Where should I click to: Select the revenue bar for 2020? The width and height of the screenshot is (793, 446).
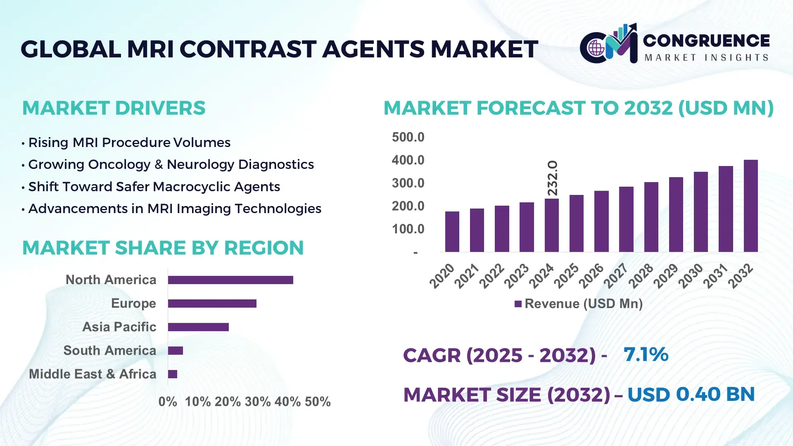click(x=452, y=232)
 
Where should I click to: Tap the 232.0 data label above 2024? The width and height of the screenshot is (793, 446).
click(x=553, y=178)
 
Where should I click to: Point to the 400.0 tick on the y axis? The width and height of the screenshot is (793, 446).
click(x=408, y=160)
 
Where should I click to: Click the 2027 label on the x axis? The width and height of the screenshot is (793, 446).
click(x=615, y=275)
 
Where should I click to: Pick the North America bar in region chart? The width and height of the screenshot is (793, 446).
click(x=230, y=280)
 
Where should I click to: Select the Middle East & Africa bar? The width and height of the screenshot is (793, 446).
click(x=173, y=374)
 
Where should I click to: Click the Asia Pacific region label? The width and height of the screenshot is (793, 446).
click(x=119, y=327)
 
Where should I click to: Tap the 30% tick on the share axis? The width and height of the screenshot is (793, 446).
click(x=257, y=402)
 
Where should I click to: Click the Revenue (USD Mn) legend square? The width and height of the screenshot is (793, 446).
click(x=518, y=304)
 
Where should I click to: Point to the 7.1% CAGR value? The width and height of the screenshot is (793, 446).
click(x=646, y=354)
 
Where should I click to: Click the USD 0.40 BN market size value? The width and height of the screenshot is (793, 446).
click(x=691, y=394)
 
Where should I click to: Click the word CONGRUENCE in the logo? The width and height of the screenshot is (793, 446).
click(x=706, y=40)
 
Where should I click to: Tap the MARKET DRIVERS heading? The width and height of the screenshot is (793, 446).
click(x=114, y=108)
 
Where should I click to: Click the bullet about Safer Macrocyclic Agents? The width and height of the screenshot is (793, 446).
click(x=154, y=187)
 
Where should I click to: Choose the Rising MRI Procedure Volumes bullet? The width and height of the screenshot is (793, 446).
click(x=129, y=142)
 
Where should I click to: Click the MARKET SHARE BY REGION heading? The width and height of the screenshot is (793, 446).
click(x=163, y=248)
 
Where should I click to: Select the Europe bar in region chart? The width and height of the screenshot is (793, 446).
click(x=212, y=304)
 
